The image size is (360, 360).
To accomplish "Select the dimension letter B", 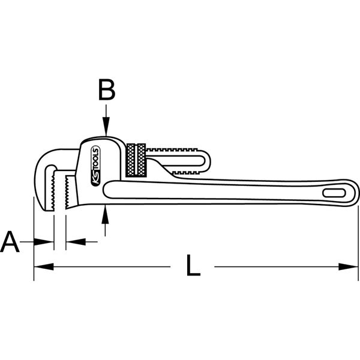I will click(x=106, y=91).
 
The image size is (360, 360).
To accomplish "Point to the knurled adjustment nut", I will click(x=136, y=160).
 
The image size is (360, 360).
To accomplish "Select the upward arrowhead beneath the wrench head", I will click(x=106, y=209).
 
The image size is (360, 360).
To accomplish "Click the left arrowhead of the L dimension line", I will click(x=40, y=265).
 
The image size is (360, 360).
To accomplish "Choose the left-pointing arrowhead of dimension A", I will click(x=71, y=242).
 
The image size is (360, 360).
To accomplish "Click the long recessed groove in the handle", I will click(x=210, y=191).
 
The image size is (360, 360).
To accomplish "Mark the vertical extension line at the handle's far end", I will click(x=358, y=240).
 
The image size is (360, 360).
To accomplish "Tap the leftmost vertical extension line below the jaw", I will click(x=33, y=240).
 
